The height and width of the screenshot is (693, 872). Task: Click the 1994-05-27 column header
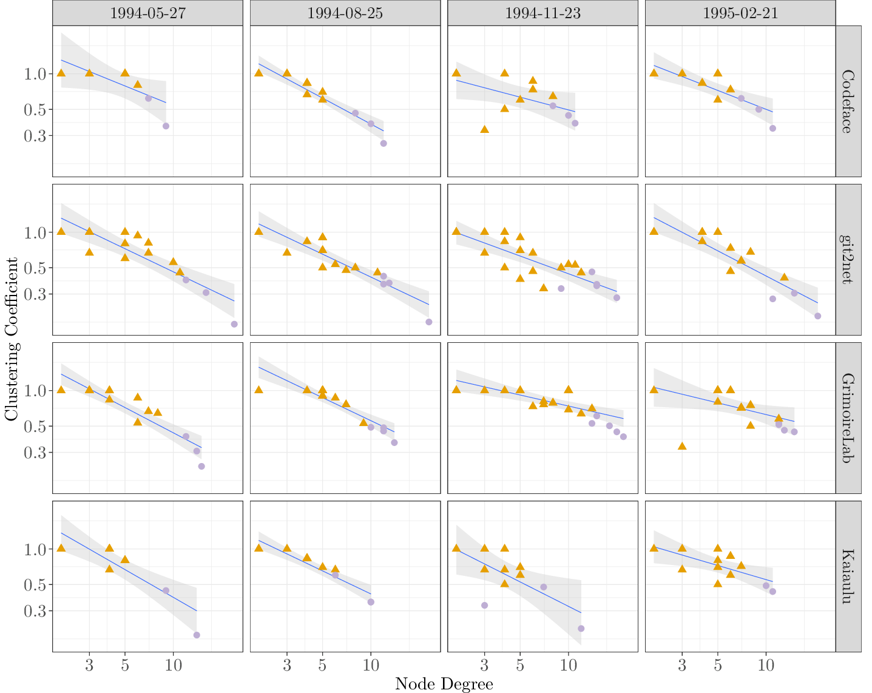tap(147, 13)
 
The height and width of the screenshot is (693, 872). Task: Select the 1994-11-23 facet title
tap(542, 13)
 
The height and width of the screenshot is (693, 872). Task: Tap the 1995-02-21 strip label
tap(740, 13)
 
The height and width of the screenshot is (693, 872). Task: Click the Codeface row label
tap(848, 101)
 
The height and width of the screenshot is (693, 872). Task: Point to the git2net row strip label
tap(848, 260)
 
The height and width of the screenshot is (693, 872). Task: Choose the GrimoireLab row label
tap(848, 418)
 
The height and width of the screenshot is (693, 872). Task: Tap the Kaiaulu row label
tap(848, 576)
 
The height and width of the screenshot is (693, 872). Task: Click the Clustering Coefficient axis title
tap(12, 339)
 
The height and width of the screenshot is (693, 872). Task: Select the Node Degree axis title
tap(444, 684)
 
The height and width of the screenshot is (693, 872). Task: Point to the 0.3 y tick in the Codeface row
tap(34, 136)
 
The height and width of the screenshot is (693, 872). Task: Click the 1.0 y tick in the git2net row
tap(34, 232)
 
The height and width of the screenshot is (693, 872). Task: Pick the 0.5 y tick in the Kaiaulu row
tap(34, 585)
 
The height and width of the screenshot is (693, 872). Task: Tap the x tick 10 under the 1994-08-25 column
tap(371, 665)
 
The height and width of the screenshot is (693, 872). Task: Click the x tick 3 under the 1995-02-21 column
tap(682, 665)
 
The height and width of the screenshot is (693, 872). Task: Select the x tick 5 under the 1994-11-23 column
tap(520, 665)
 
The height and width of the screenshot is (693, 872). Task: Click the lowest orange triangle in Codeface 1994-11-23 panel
tap(484, 129)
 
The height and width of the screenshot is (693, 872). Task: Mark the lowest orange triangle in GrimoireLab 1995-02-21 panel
tap(682, 446)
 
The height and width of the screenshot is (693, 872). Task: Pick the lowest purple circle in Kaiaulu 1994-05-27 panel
tap(197, 635)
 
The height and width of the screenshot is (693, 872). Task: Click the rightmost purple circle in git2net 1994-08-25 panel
tap(429, 322)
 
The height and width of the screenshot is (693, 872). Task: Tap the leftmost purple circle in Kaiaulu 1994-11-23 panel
tap(484, 606)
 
